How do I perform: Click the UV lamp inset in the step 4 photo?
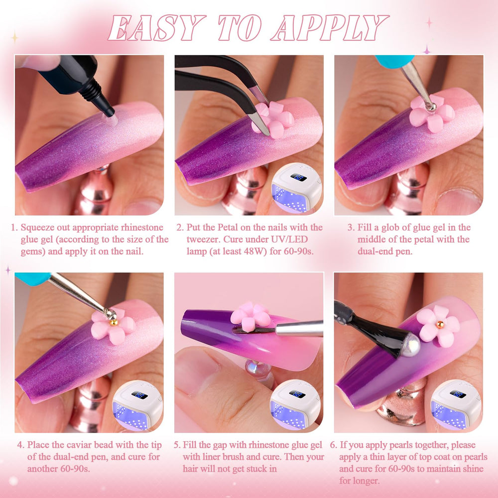(137, 405)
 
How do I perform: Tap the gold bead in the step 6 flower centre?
(440, 325)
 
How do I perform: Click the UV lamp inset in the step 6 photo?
(456, 405)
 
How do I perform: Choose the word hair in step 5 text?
(191, 469)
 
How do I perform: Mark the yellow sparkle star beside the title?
(14, 37)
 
